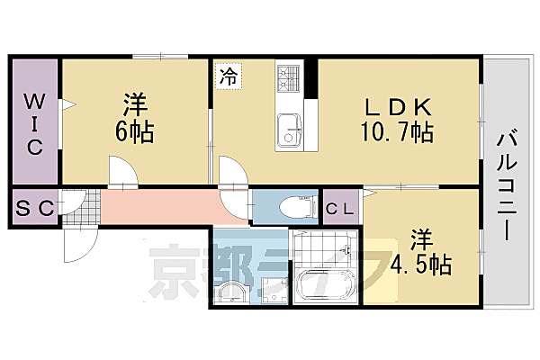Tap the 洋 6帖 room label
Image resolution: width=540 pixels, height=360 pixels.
click(x=134, y=119)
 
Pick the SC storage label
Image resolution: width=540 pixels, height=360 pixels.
click(x=35, y=209)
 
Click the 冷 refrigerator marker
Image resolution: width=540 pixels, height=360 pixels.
click(x=229, y=76)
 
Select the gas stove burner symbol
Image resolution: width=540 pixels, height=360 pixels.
click(x=290, y=79)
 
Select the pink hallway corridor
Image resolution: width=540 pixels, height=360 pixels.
click(x=162, y=207)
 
